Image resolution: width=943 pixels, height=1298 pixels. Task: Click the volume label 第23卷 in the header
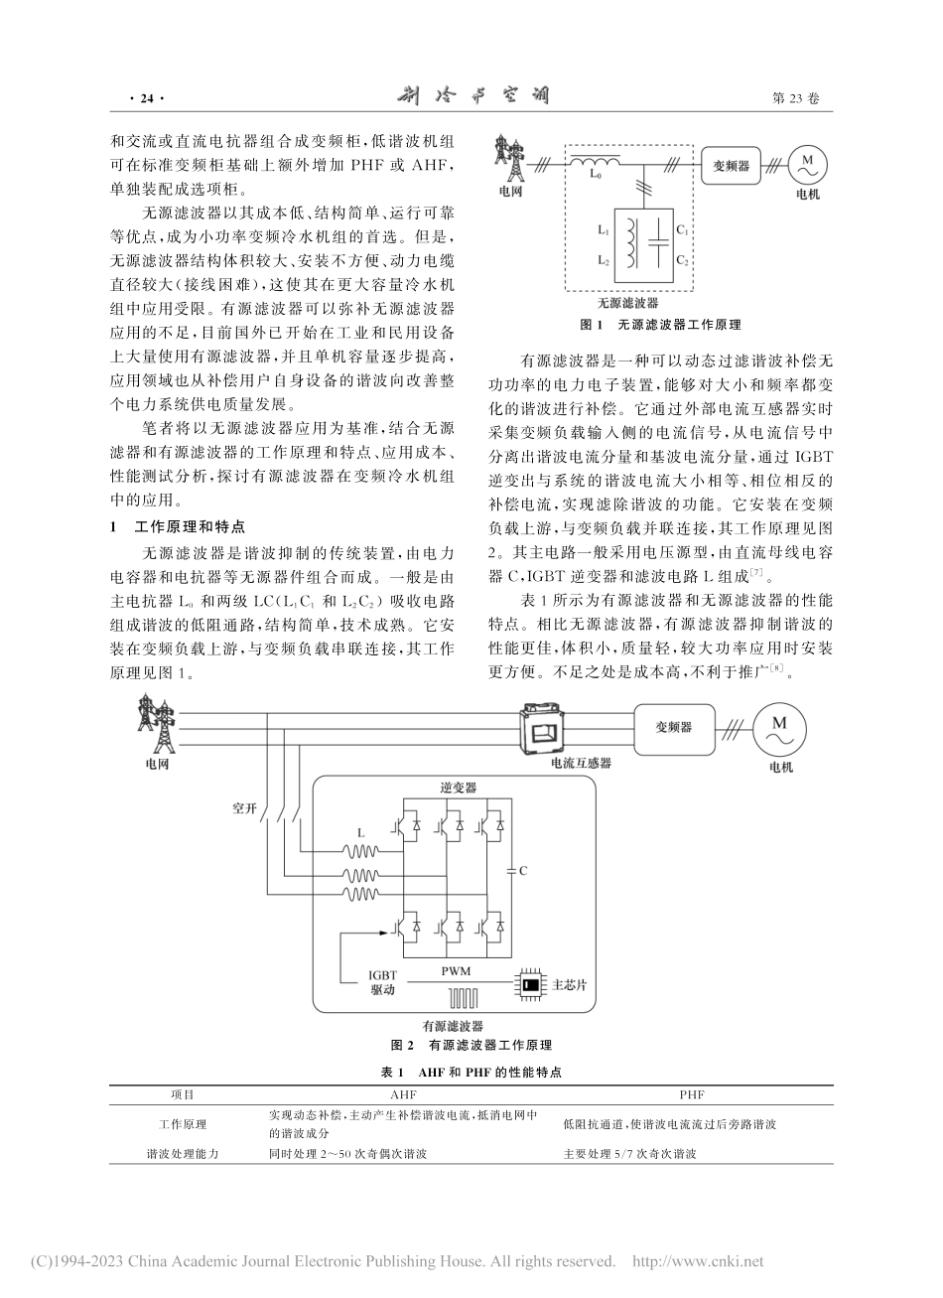795,98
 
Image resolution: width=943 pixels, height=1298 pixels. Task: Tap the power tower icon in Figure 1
512,156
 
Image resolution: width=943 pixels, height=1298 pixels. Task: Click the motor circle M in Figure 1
807,162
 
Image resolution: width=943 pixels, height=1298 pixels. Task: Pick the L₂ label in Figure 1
603,260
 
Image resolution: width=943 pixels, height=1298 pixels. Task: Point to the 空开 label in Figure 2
244,808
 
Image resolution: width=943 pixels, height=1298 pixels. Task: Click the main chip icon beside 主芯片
532,985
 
